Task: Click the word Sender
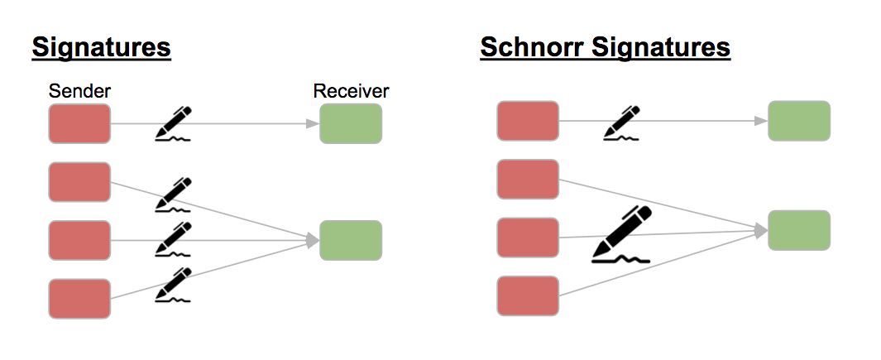tap(79, 91)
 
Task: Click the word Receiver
tap(351, 91)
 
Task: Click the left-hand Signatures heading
tap(101, 48)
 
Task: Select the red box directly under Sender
tap(79, 124)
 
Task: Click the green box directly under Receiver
tap(351, 124)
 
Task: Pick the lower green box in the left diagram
tap(351, 240)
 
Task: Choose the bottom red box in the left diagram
tap(79, 299)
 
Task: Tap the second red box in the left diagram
tap(79, 182)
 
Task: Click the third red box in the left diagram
tap(79, 240)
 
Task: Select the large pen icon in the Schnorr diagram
tap(623, 234)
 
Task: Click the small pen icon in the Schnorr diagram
tap(622, 122)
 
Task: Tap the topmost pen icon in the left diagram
tap(174, 124)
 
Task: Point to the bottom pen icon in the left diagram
tap(174, 285)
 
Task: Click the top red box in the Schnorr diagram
tap(528, 122)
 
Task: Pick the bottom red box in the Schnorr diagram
tap(528, 295)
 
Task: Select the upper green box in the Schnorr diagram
tap(799, 122)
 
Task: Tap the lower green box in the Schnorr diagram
tap(799, 230)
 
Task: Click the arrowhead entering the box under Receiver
tap(314, 124)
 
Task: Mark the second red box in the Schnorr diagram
tap(528, 180)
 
